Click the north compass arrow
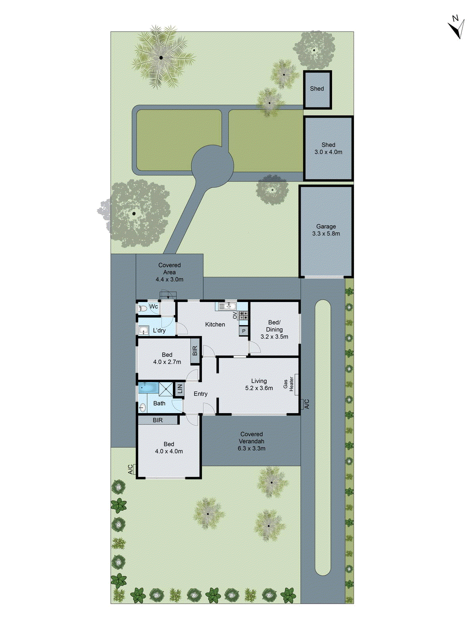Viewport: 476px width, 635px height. pos(457,27)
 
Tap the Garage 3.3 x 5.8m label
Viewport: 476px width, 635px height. pos(326,230)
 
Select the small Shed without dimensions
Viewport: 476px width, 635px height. pos(317,89)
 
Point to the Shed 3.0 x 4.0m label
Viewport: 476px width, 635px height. pos(328,148)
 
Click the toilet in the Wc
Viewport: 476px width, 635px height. pos(142,308)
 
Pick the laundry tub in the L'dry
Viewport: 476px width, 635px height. pos(144,330)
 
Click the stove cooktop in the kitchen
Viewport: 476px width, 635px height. pos(243,316)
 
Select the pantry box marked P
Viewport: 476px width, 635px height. pos(244,331)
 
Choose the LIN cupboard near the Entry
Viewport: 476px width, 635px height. pos(179,389)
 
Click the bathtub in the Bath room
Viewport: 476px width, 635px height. pos(148,387)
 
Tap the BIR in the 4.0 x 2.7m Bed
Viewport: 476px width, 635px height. pos(195,350)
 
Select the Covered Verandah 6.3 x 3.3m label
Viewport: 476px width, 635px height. pos(251,441)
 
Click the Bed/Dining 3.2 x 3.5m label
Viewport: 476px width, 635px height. pos(274,329)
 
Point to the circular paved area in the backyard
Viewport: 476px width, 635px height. pos(212,166)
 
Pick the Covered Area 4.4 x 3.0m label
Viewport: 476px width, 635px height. pos(169,272)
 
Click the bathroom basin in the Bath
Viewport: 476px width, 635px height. pos(142,407)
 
